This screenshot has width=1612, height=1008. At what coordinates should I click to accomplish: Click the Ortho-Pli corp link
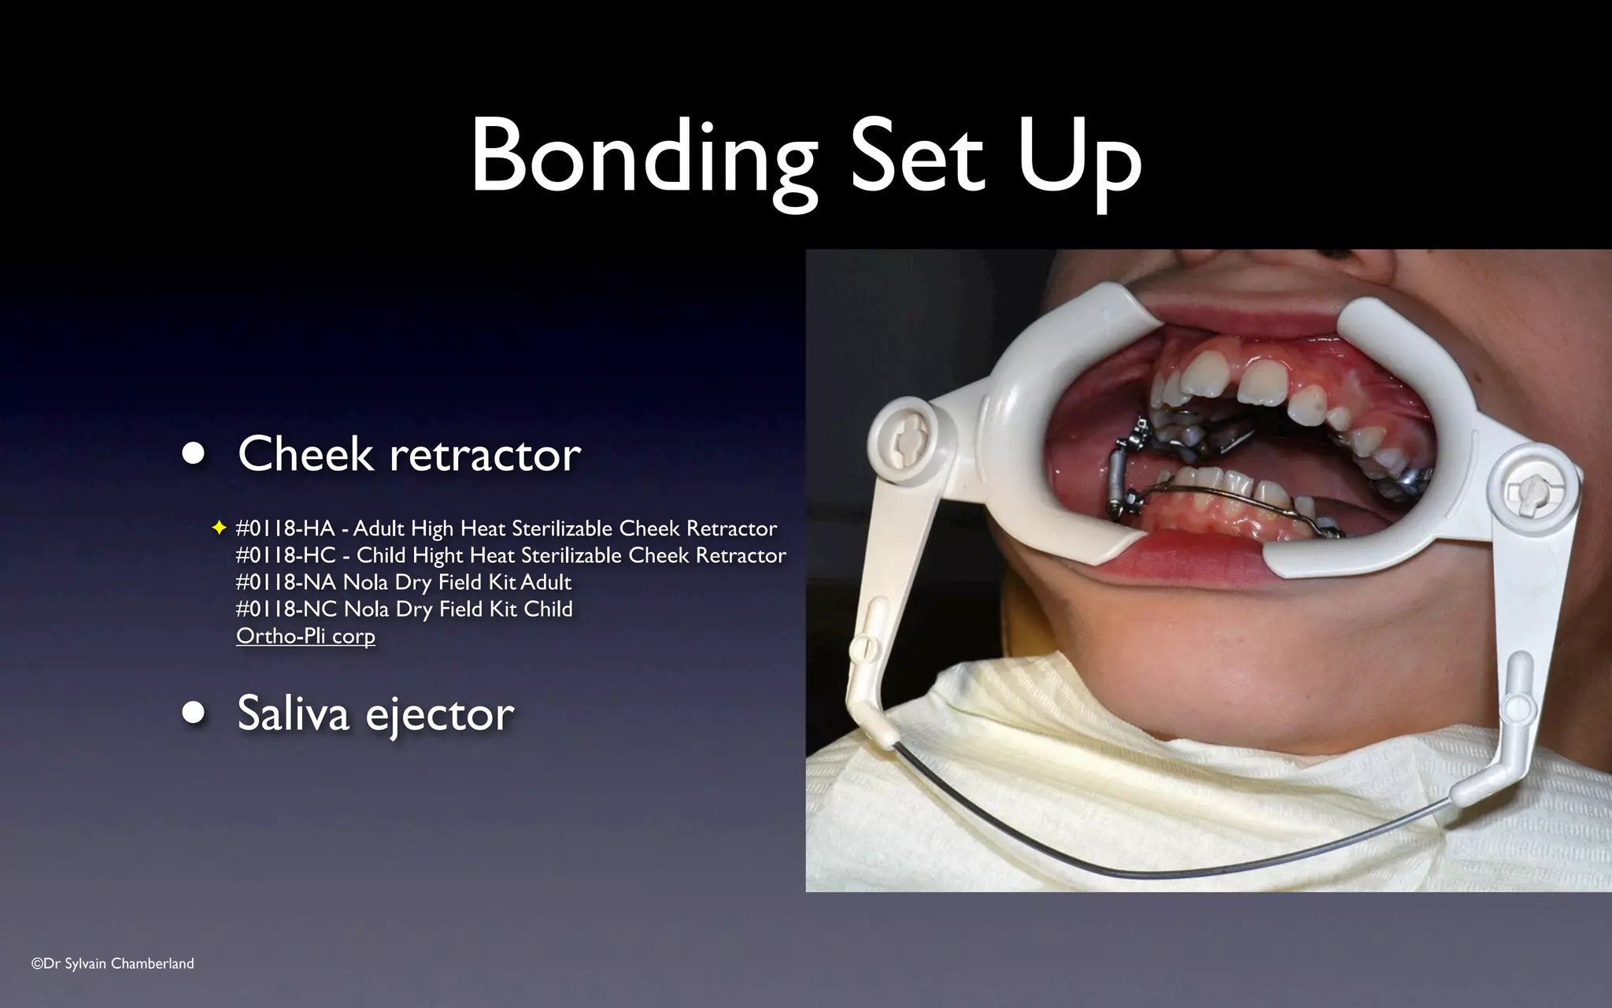(305, 636)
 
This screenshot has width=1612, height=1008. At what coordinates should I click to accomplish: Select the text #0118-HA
(285, 528)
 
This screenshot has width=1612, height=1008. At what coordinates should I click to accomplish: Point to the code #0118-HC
(285, 555)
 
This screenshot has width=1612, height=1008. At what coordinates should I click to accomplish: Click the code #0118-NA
(286, 582)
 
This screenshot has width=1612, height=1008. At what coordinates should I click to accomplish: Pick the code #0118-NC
(286, 609)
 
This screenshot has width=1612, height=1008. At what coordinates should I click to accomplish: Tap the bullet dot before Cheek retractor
(193, 454)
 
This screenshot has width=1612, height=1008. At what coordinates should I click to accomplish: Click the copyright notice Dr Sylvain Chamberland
(113, 963)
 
